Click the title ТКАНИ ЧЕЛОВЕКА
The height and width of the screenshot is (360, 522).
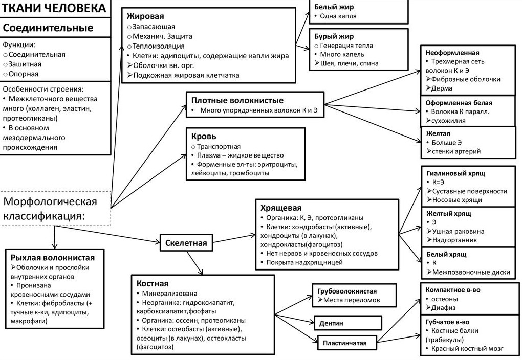tap(54, 8)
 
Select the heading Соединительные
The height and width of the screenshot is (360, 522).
tap(48, 28)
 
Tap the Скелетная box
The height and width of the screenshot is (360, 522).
tap(186, 243)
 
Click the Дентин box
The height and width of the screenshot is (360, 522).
tap(347, 323)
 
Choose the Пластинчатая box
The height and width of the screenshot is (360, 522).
tap(344, 343)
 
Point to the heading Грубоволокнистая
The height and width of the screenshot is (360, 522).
tap(347, 291)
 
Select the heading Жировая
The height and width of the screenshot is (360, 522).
tap(145, 16)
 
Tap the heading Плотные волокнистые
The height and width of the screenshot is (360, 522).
tap(237, 100)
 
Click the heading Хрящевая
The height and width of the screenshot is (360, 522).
tap(281, 208)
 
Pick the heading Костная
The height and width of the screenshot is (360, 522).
tap(153, 283)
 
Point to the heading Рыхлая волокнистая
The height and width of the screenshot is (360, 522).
tap(53, 258)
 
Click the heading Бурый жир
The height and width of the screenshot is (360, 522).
tap(334, 36)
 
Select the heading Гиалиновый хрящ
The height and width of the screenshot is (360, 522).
tap(456, 173)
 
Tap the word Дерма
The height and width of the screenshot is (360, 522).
tap(442, 88)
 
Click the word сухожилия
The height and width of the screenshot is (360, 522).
tap(448, 121)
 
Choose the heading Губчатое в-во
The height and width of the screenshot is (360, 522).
tap(447, 322)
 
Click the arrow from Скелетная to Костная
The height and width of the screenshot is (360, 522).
tap(195, 263)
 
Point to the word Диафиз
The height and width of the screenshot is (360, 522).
tap(443, 308)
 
